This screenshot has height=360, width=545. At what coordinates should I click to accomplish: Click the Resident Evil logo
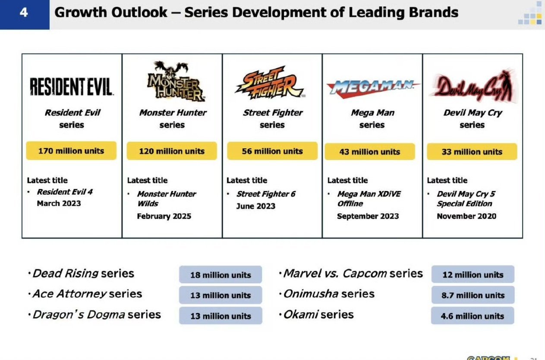(72, 87)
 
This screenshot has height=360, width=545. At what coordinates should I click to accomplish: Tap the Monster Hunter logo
(176, 81)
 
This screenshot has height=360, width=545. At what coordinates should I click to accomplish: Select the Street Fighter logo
(270, 83)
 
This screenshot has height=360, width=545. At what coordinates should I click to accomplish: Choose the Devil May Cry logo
(473, 85)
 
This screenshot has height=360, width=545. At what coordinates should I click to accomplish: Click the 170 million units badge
(71, 151)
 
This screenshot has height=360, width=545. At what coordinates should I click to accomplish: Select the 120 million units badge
(172, 151)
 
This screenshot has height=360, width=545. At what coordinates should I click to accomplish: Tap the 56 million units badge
(272, 151)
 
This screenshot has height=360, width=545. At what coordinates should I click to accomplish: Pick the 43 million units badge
(370, 152)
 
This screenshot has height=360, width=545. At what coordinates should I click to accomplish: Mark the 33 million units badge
(472, 152)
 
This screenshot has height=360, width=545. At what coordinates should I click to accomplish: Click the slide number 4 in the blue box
(24, 13)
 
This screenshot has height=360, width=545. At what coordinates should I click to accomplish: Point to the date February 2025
(164, 216)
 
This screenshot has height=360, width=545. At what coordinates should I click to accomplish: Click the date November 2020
(466, 216)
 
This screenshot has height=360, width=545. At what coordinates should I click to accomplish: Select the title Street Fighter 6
(266, 194)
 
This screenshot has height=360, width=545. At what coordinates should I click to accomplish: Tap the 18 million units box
(221, 275)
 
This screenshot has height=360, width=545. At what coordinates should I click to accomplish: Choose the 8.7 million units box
(473, 295)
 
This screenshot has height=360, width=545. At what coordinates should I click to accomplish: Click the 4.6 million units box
(473, 316)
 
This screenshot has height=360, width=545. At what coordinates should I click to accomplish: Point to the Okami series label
(318, 315)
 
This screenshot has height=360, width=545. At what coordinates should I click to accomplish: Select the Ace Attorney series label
(87, 294)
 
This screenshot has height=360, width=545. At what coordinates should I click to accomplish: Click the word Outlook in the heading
(139, 13)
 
